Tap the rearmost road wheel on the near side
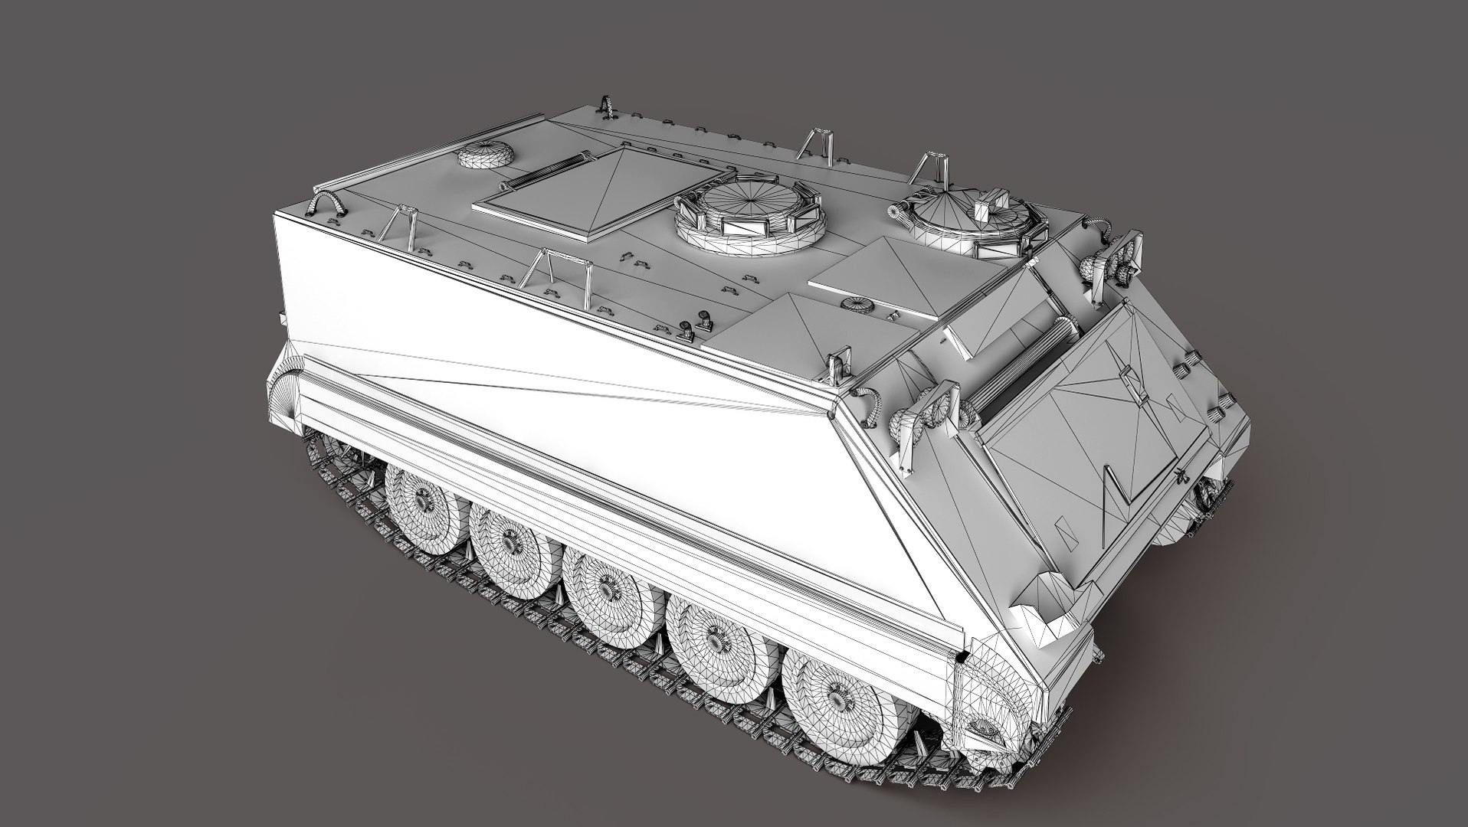pyautogui.click(x=418, y=501)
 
